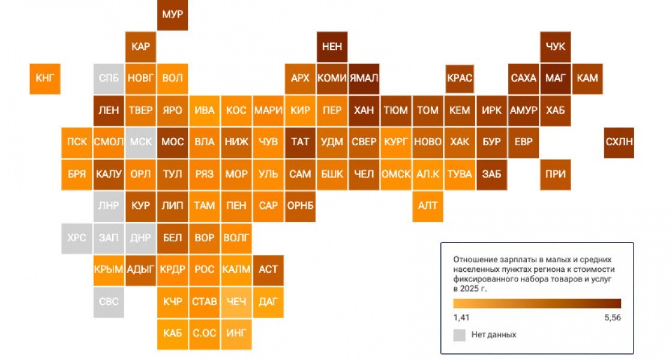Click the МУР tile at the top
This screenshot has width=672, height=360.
(172, 14)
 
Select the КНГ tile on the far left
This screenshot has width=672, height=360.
(45, 79)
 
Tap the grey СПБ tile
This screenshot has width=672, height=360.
(109, 79)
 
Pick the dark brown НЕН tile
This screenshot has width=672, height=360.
(332, 47)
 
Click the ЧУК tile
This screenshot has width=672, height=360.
(556, 47)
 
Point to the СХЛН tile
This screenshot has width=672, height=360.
(619, 142)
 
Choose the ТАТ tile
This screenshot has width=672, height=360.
(300, 142)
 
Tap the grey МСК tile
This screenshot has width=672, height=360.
(140, 142)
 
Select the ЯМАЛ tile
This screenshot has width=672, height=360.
(364, 79)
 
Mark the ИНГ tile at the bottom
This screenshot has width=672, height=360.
(236, 334)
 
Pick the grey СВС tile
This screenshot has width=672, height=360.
(109, 302)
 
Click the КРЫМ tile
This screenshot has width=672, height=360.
(109, 270)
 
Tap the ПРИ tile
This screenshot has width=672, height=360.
(556, 175)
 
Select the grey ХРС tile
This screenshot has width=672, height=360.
(77, 238)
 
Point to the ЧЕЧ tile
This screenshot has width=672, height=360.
(236, 302)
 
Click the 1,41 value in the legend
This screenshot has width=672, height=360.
(461, 317)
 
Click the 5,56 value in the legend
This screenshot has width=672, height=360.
(613, 317)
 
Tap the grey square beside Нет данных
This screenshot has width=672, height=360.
(460, 335)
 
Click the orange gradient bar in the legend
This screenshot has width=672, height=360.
(537, 304)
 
